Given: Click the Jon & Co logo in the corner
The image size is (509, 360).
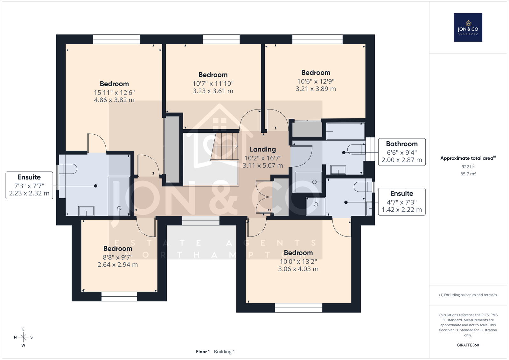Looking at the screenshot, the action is click(468, 27).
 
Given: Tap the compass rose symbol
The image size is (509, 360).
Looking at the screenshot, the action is click(23, 337).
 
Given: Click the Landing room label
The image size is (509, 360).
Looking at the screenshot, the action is click(263, 149).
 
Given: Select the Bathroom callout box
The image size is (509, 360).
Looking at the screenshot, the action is click(402, 152).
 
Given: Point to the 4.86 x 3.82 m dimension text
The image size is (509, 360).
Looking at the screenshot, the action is click(114, 100).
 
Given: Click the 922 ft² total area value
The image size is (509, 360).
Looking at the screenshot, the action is click(468, 166).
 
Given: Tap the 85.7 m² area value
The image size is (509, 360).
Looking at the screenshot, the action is click(468, 174).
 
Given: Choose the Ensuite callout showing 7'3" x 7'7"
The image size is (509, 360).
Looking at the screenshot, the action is click(29, 185).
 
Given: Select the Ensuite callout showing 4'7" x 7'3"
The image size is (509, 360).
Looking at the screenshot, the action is click(402, 201).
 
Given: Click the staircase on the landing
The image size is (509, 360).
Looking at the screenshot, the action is click(225, 146).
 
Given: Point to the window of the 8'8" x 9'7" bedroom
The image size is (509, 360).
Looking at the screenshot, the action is click(119, 297).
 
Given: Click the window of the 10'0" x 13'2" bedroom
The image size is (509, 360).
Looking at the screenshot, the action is click(299, 308).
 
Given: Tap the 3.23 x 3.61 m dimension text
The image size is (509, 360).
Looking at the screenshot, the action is click(213, 91).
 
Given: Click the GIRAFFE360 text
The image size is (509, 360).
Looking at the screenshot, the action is click(468, 345).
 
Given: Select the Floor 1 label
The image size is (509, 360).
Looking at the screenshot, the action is click(203, 352).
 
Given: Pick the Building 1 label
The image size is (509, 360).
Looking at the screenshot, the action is click(224, 352).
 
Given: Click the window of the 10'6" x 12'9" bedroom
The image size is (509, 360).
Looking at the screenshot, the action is click(317, 39).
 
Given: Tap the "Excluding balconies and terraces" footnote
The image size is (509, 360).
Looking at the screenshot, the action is click(468, 295).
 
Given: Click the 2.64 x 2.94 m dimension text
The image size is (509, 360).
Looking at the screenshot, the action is click(117, 265).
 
